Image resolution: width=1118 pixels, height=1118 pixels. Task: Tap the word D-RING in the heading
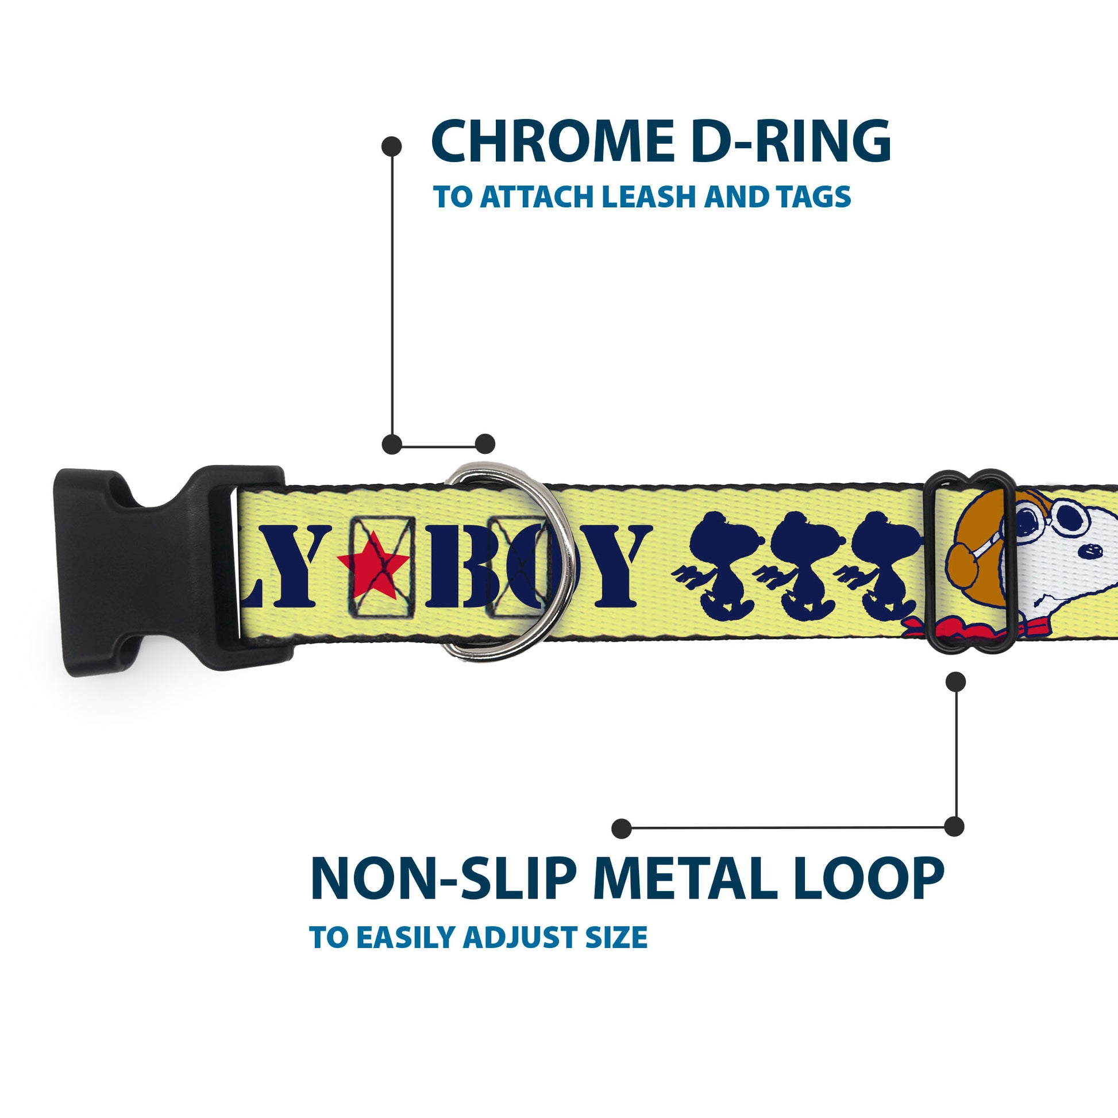[x=791, y=141]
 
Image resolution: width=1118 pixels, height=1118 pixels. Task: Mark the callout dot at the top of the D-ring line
[x=392, y=147]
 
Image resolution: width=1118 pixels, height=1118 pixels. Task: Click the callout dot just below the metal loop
[x=955, y=682]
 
